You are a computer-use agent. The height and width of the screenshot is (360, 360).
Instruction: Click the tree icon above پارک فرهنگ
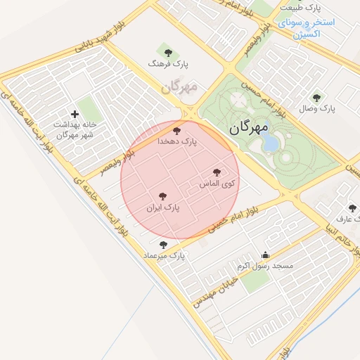coord(167,51)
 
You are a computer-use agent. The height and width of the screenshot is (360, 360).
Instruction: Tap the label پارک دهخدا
coord(180,141)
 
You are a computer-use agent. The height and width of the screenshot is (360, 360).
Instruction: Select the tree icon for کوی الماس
coord(217,172)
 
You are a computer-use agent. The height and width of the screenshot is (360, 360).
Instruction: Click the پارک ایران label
coord(163,209)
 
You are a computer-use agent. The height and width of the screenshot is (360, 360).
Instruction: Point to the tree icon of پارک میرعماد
coord(164,245)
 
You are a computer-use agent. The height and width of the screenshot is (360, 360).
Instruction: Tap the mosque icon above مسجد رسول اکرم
coord(265,255)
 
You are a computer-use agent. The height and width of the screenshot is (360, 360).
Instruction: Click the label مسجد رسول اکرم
coord(264,266)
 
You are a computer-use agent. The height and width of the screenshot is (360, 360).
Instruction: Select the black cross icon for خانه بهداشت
coord(75,114)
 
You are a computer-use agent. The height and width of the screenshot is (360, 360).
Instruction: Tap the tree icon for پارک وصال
coord(316,98)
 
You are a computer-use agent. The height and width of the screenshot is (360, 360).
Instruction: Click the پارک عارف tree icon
coord(352,208)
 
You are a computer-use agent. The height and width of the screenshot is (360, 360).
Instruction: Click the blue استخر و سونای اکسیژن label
coord(307,27)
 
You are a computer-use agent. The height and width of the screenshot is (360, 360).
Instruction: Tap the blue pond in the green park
coord(270,143)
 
